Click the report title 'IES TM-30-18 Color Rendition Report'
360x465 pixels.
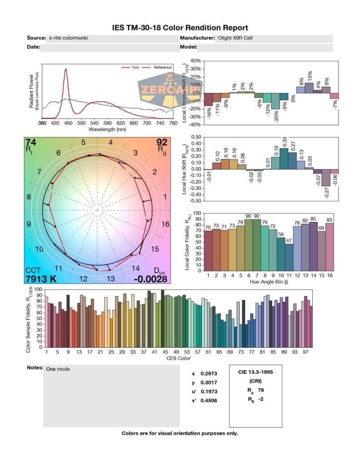(x=180, y=28)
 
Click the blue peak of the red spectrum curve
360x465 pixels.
(x=66, y=69)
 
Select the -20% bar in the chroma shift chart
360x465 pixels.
(x=276, y=101)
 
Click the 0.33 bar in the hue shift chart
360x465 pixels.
(x=284, y=158)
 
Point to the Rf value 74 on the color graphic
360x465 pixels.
(x=31, y=143)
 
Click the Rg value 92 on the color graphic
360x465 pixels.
(x=162, y=143)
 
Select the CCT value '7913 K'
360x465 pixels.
(x=41, y=278)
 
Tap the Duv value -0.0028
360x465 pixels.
(x=150, y=278)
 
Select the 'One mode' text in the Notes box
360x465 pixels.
(x=58, y=369)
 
